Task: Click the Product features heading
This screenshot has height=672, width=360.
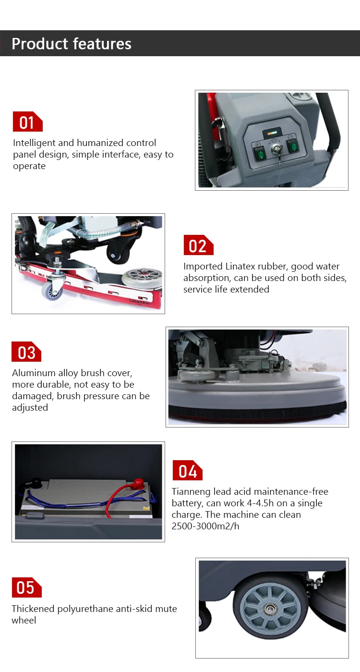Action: tap(72, 44)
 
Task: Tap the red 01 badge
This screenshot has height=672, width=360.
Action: tap(27, 122)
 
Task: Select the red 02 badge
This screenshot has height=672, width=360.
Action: tap(198, 245)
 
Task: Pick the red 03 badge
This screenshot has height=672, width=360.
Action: tap(26, 352)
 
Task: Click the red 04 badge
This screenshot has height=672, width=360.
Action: tap(188, 470)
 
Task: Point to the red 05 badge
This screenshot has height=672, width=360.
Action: tap(27, 587)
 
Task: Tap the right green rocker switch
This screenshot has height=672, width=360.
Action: tap(293, 146)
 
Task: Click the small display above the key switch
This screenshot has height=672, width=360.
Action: tap(272, 132)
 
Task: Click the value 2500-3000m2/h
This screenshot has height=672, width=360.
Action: tap(205, 526)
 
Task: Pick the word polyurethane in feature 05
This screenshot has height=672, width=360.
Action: tap(85, 609)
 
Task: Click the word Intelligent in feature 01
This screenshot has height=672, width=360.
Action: tap(34, 143)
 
